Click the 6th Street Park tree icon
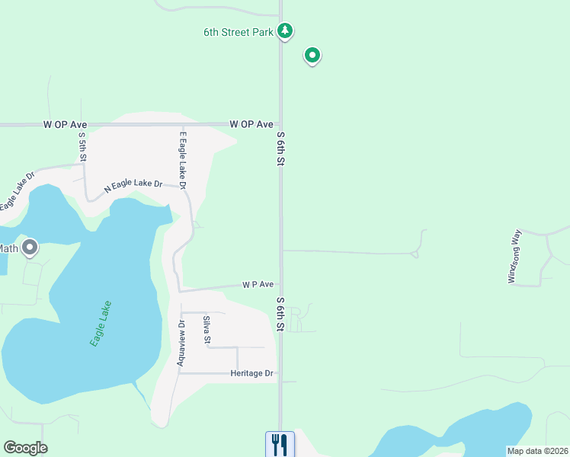(x=285, y=31)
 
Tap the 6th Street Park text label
(x=238, y=32)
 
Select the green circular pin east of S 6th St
(x=312, y=55)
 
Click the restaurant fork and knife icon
(x=280, y=444)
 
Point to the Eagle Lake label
(x=101, y=324)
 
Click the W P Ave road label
(x=258, y=284)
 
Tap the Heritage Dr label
(x=251, y=373)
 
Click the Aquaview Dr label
(x=181, y=343)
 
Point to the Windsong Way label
(x=514, y=256)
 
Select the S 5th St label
(x=82, y=146)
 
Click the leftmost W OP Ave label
(x=66, y=123)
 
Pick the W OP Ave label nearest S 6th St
(x=251, y=123)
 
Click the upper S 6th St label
(x=280, y=149)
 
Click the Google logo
(x=25, y=448)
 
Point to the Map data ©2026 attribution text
(x=537, y=451)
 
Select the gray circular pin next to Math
(x=30, y=247)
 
